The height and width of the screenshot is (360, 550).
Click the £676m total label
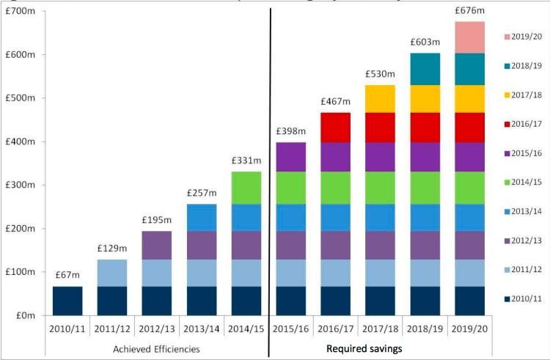click(x=470, y=10)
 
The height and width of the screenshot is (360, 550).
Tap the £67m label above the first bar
click(x=67, y=275)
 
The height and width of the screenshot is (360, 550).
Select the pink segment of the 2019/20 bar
click(x=470, y=37)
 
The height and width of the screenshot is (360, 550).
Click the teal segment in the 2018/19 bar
click(x=425, y=69)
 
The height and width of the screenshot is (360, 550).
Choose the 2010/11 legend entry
click(x=526, y=298)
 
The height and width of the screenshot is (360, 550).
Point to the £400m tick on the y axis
click(x=25, y=142)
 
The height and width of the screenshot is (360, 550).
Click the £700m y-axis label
click(x=25, y=12)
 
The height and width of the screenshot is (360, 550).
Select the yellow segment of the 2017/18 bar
click(x=381, y=99)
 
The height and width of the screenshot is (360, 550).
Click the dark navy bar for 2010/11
click(x=67, y=301)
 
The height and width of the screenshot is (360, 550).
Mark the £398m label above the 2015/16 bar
click(x=291, y=131)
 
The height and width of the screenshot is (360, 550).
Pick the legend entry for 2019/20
click(x=526, y=36)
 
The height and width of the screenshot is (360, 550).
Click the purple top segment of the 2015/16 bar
click(x=291, y=157)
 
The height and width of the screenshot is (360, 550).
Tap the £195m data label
click(x=156, y=220)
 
